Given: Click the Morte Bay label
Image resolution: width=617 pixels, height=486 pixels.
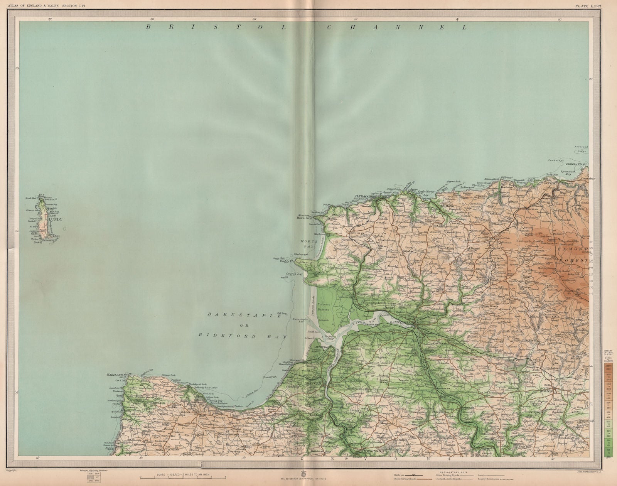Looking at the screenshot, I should [308, 244].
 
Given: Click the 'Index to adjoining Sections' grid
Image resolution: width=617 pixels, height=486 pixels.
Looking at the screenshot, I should [88, 477].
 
